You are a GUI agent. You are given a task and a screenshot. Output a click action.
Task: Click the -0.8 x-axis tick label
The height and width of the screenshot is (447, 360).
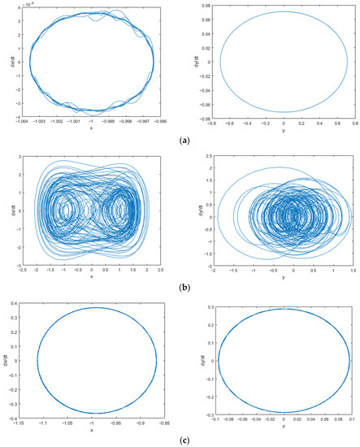[214, 121]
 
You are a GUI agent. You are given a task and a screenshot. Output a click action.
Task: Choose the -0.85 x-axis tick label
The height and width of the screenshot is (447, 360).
[165, 423]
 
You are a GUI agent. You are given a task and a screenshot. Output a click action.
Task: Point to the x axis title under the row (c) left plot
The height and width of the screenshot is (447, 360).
[91, 430]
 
